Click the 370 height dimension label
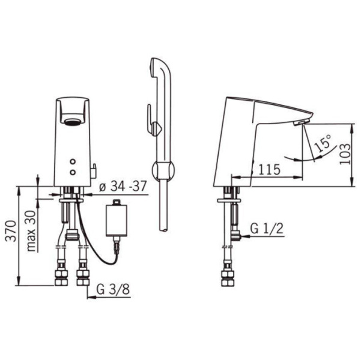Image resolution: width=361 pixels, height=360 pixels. [x=11, y=231]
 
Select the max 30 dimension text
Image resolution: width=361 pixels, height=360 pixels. [x=31, y=231]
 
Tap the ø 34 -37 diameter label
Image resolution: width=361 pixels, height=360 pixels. [x=123, y=186]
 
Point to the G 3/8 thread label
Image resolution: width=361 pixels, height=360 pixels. [x=113, y=289]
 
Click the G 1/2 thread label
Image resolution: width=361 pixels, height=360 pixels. [x=267, y=229]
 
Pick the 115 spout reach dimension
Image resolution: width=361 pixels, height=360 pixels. [x=269, y=170]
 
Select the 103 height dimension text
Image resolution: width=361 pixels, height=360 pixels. [x=345, y=154]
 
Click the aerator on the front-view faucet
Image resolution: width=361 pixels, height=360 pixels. [x=73, y=122]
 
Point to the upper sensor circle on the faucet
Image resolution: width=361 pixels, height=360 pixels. [x=73, y=162]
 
